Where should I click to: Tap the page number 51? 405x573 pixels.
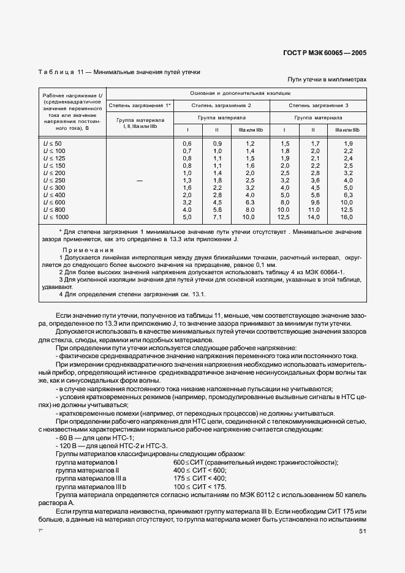(x=363, y=531)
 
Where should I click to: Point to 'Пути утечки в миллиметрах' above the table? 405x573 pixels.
(x=327, y=80)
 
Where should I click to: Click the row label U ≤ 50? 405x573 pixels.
(x=53, y=143)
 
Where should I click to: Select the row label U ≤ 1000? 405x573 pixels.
(x=56, y=217)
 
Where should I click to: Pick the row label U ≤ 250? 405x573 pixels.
(x=54, y=180)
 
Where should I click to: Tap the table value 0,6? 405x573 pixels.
(x=187, y=143)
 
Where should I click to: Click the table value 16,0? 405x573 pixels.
(x=347, y=217)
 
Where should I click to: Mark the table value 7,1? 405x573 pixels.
(x=217, y=217)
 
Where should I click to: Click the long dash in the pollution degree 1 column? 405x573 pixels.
(x=140, y=180)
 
